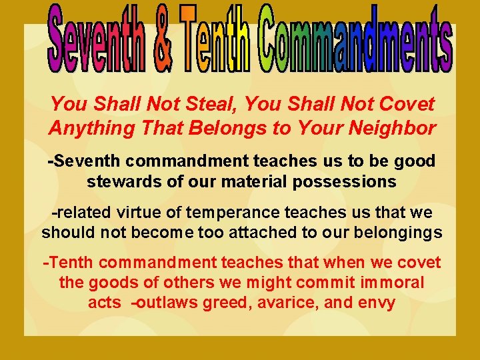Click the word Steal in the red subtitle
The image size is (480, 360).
point(214,104)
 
